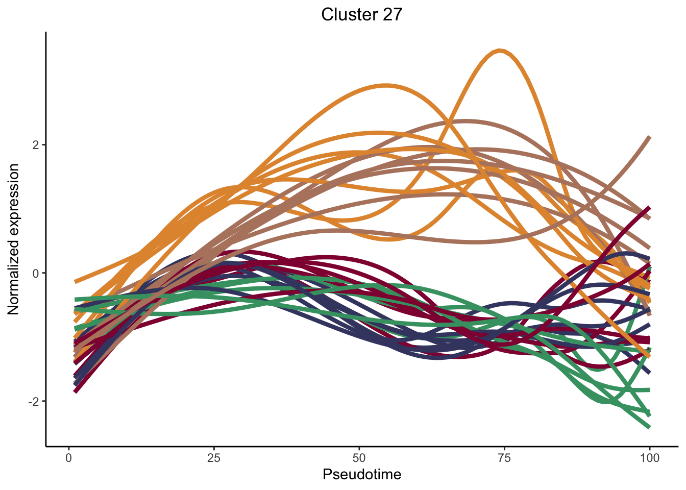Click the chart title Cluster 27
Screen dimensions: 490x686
point(361,15)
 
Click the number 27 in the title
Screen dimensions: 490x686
point(391,15)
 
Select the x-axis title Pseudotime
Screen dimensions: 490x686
point(361,475)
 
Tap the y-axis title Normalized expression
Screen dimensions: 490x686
point(14,239)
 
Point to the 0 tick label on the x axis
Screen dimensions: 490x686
point(69,458)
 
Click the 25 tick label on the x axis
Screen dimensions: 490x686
point(214,458)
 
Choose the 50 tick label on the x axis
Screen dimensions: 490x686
point(359,458)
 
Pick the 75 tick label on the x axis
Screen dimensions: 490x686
point(504,458)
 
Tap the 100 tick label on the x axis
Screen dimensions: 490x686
point(649,458)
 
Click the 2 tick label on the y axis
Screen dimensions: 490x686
point(35,145)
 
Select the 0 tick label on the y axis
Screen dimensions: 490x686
point(35,273)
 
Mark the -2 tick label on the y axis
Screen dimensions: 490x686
point(33,401)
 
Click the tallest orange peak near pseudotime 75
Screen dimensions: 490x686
point(500,51)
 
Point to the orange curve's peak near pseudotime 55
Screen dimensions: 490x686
point(386,85)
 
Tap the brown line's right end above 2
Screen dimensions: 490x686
point(649,137)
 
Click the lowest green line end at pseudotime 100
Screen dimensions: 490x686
point(649,427)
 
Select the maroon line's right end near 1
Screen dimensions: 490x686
point(649,208)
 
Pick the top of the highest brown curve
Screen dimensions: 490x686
point(465,121)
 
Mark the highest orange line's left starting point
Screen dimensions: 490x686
point(76,281)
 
